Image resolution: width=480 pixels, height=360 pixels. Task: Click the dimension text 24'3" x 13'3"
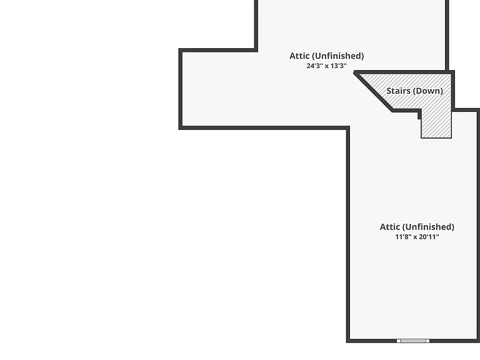tap(326, 66)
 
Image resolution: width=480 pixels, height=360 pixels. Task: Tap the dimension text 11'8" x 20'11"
tap(417, 237)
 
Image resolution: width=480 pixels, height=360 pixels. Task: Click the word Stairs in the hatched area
tap(398, 91)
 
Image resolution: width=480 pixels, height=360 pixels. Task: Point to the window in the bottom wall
tap(413, 341)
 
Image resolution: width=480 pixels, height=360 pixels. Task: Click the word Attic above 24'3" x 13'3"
tap(299, 56)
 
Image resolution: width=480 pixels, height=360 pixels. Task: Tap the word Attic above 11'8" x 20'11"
tap(390, 227)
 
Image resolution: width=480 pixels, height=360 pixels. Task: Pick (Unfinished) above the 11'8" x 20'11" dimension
tap(428, 227)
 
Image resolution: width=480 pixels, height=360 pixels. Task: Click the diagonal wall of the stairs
tap(373, 91)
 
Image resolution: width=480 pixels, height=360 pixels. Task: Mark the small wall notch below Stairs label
tap(420, 116)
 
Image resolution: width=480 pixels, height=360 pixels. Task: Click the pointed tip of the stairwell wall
tap(354, 72)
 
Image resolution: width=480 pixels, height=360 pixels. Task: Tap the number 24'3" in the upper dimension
tap(315, 66)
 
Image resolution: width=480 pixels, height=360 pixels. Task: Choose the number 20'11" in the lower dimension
tap(429, 237)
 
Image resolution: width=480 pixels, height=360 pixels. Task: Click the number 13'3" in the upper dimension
tap(339, 66)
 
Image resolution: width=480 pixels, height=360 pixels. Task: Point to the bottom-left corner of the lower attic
tap(348, 341)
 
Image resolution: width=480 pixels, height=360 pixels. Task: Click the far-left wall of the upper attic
tap(181, 89)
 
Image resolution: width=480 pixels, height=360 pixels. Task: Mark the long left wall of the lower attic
tap(348, 234)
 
